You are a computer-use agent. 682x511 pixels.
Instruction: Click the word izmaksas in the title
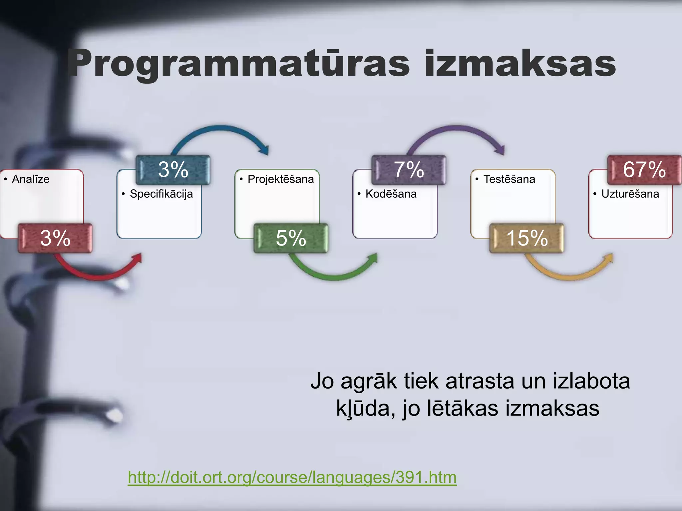coord(520,64)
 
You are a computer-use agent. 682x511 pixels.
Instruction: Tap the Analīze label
coord(31,179)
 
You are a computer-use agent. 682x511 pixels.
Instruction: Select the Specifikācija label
coord(161,194)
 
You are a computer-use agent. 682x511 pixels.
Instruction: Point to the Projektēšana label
coord(280,179)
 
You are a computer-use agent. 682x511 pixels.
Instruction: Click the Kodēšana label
coord(391,194)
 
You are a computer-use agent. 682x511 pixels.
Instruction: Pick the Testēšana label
coord(509,179)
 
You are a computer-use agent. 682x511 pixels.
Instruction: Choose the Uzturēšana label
coord(630,194)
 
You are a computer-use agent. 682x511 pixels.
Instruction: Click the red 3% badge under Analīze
coord(55,238)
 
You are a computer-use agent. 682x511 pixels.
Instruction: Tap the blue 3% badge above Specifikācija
coord(173,170)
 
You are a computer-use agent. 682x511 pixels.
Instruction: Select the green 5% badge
coord(291,238)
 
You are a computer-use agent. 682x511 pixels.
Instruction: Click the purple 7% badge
coord(409,170)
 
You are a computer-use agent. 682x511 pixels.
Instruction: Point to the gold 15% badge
coord(527,238)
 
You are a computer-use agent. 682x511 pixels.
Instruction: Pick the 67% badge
coord(644,170)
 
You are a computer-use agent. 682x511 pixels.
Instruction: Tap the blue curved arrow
coord(220,128)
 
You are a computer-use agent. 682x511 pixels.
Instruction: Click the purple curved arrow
coord(456,128)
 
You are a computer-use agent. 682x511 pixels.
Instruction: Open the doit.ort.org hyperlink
coord(292,477)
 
